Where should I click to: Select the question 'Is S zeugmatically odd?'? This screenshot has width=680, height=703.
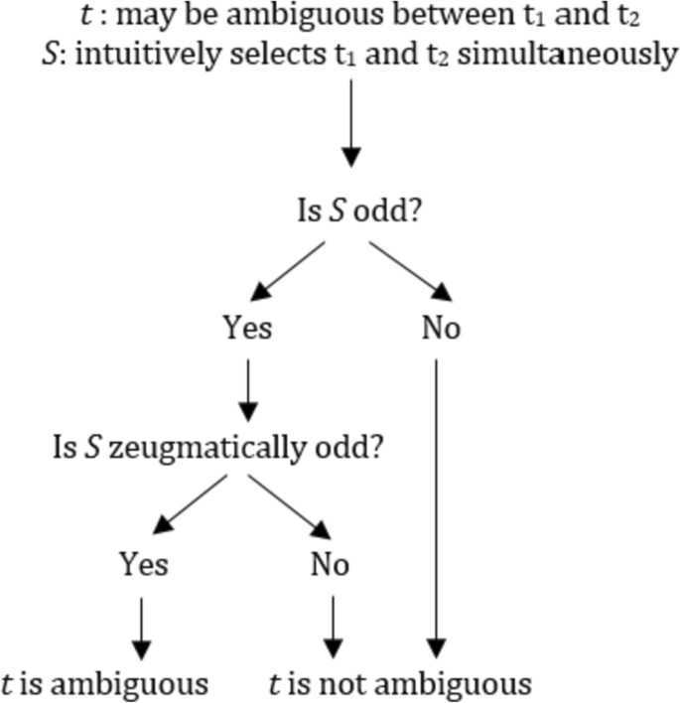pyautogui.click(x=218, y=448)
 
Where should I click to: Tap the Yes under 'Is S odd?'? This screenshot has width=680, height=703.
pyautogui.click(x=247, y=328)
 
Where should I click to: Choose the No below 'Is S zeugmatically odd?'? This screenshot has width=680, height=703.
pyautogui.click(x=330, y=564)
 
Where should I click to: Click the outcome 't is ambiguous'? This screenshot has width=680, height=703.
pyautogui.click(x=104, y=683)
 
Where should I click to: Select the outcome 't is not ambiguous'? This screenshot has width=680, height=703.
pyautogui.click(x=400, y=683)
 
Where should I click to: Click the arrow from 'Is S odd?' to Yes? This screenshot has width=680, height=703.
pyautogui.click(x=288, y=270)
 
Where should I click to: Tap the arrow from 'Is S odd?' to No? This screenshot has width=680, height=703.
pyautogui.click(x=410, y=270)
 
